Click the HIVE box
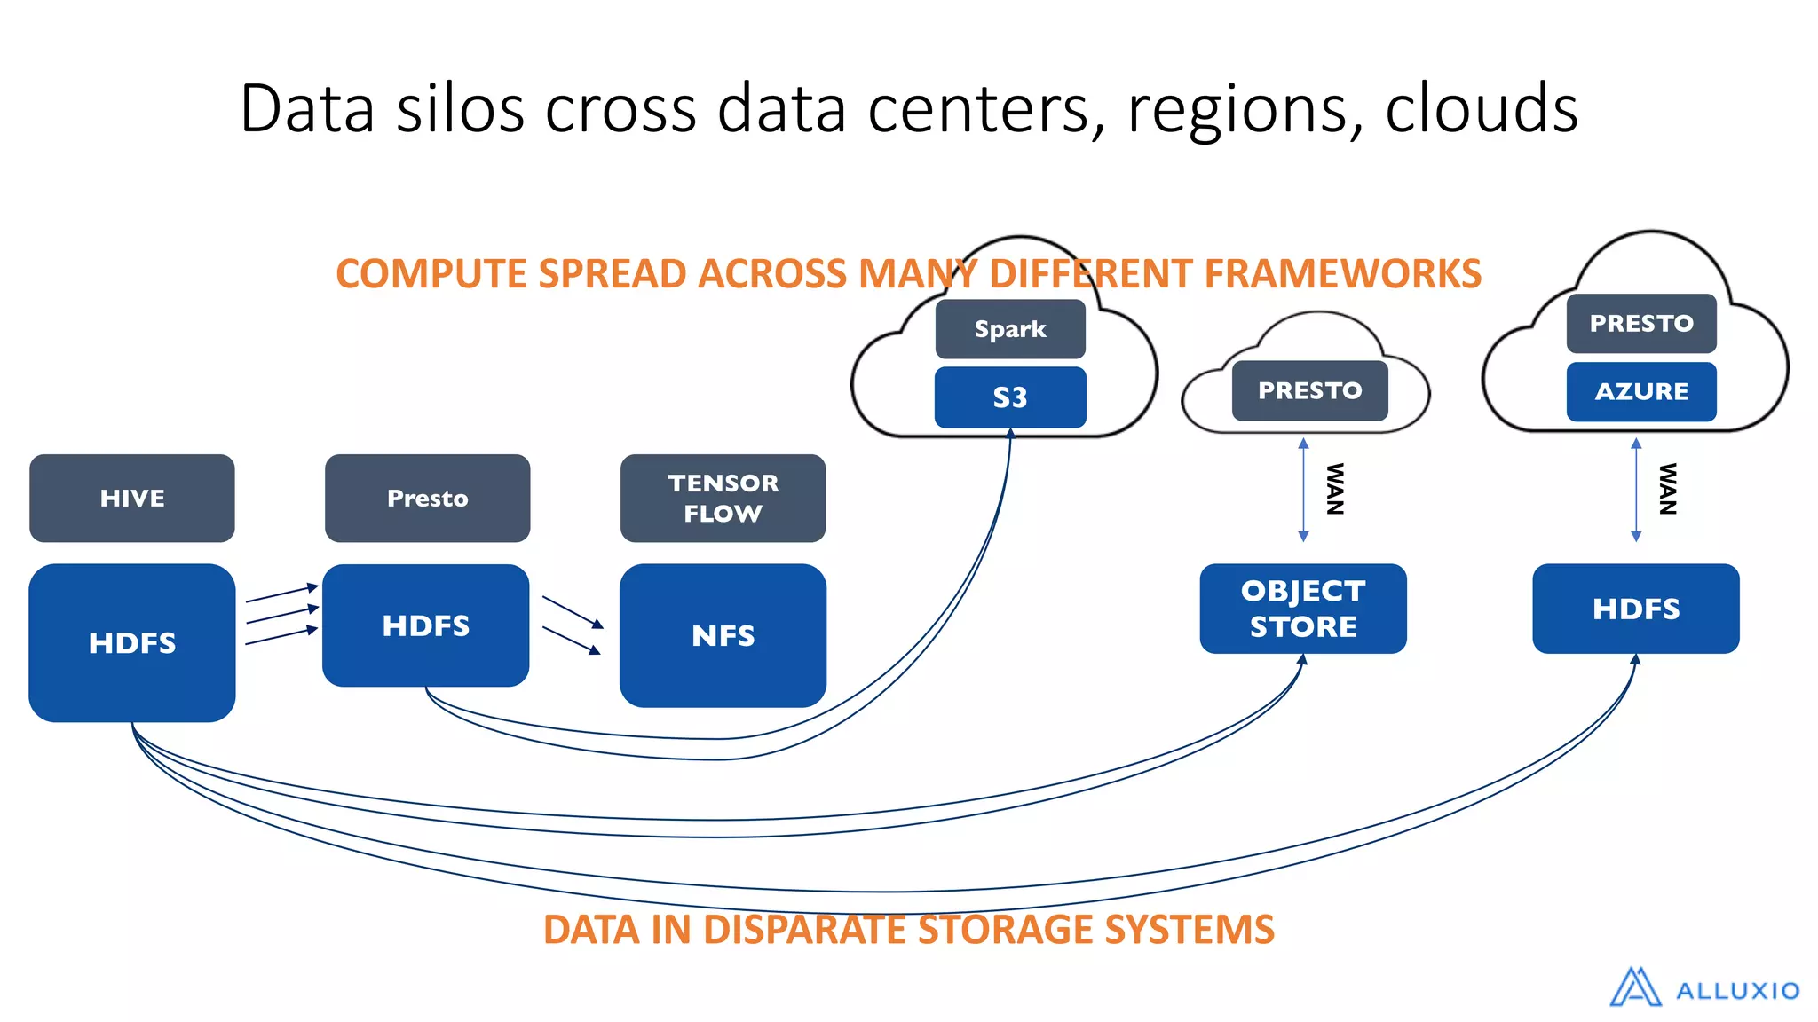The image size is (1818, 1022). [132, 499]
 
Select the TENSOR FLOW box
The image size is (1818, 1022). [723, 499]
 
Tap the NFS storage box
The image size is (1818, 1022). [723, 635]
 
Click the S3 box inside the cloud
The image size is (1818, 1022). [1010, 397]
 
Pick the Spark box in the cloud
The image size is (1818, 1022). [1010, 329]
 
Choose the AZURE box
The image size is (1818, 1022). [1641, 391]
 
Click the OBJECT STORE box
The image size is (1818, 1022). [1303, 609]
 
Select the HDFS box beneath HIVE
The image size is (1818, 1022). [132, 642]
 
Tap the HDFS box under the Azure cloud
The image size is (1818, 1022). [1636, 609]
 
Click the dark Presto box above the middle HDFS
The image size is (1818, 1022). [427, 499]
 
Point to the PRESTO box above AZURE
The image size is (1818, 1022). [1641, 324]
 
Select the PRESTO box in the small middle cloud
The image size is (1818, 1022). [1309, 390]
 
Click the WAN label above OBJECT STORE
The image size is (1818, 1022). [1334, 489]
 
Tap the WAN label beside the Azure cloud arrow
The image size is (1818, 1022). [1668, 489]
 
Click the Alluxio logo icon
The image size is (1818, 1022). [1635, 987]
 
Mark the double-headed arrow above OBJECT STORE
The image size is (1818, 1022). [1303, 489]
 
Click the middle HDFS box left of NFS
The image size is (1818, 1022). [426, 625]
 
